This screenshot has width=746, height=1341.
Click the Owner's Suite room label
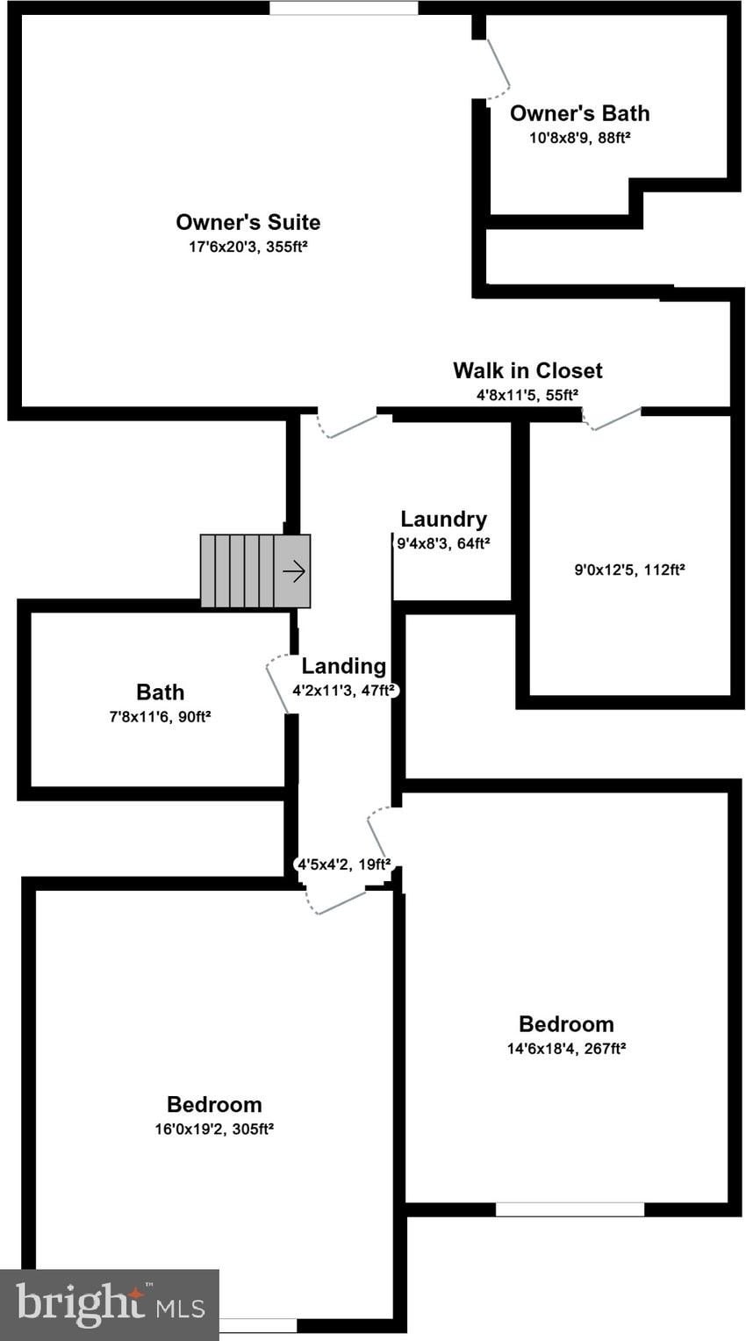click(x=247, y=222)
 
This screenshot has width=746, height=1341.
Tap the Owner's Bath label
click(x=579, y=113)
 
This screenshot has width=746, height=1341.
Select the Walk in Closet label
click(x=527, y=370)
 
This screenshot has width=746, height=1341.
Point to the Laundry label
click(x=443, y=519)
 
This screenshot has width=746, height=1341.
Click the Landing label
click(x=343, y=666)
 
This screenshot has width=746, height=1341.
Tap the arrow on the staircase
click(x=294, y=571)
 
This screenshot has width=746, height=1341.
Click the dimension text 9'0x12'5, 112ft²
click(x=629, y=570)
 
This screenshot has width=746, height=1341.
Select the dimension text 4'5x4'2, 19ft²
click(x=344, y=864)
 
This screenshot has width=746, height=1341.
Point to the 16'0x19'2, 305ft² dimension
click(x=214, y=1129)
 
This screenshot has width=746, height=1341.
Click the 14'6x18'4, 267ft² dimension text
click(x=566, y=1048)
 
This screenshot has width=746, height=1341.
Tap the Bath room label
click(x=160, y=693)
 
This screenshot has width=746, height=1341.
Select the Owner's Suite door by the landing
click(x=348, y=426)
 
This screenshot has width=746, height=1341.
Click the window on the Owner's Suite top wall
click(x=343, y=8)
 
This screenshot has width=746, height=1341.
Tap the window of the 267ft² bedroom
click(x=570, y=1208)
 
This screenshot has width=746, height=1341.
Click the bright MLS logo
click(x=109, y=1305)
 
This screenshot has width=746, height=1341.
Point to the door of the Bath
click(x=278, y=685)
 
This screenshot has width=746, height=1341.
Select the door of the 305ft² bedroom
click(x=338, y=902)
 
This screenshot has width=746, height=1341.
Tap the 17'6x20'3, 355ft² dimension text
click(x=247, y=247)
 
